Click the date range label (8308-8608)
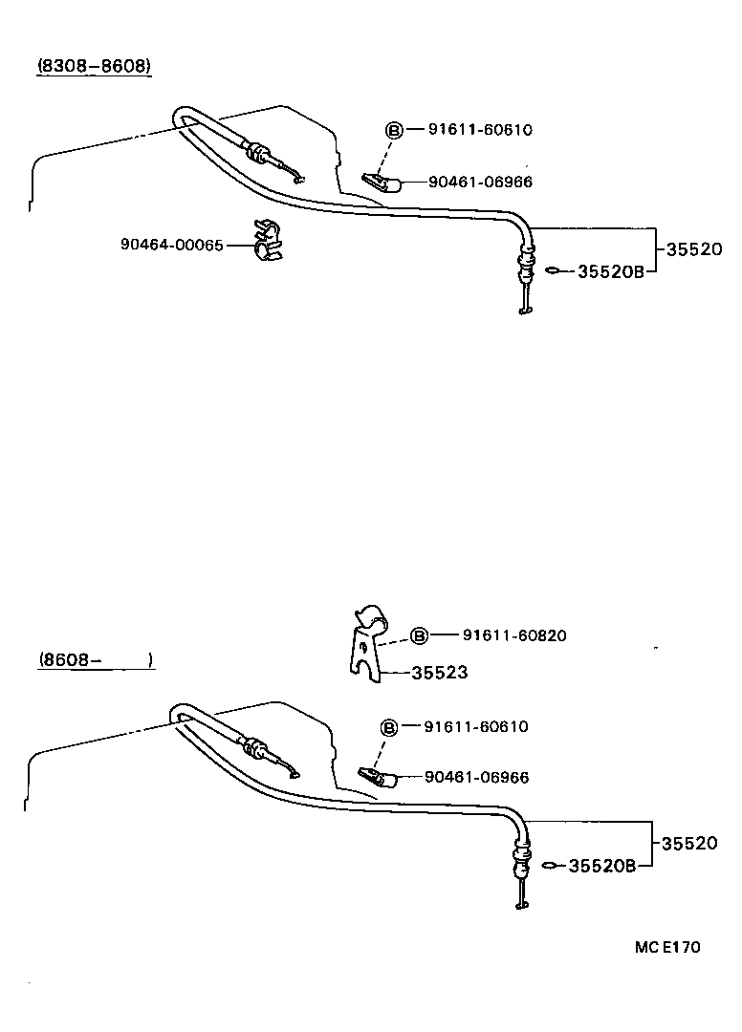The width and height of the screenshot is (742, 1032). click(95, 67)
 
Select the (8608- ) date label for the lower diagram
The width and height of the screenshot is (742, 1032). click(96, 660)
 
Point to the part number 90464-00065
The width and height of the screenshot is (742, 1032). click(172, 245)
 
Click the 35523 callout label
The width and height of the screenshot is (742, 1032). click(439, 673)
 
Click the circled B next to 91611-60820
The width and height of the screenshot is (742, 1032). click(418, 635)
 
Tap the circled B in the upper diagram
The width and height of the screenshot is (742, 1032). click(393, 130)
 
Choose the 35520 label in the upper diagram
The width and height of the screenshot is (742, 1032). click(693, 249)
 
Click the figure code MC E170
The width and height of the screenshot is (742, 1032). click(666, 948)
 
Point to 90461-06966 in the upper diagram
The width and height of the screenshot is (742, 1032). click(480, 182)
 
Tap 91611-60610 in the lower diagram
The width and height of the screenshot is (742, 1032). click(475, 727)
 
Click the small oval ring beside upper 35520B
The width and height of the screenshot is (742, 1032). click(552, 271)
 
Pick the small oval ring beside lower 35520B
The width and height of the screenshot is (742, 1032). click(548, 866)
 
